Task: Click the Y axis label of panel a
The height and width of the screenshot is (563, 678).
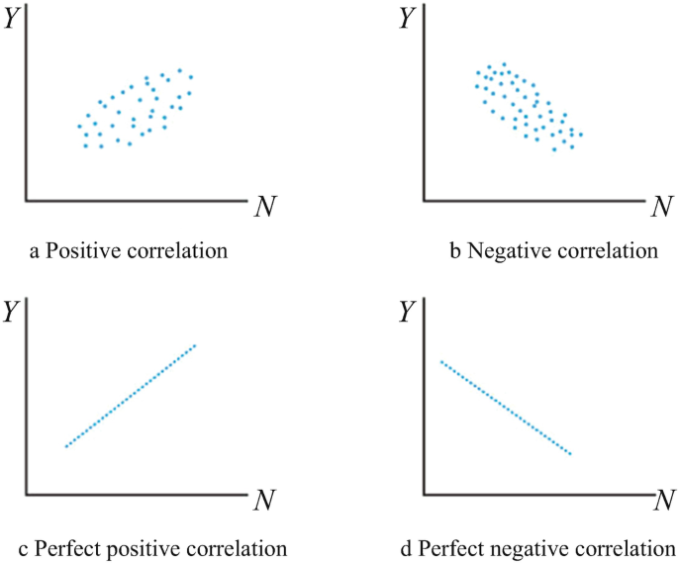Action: pos(14,19)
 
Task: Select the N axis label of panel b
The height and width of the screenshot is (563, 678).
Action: pos(662,207)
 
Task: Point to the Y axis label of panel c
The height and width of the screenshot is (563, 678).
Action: pos(14,312)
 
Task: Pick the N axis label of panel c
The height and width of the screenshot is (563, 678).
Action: pos(265,500)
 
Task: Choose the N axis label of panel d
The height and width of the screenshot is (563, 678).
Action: pos(662,500)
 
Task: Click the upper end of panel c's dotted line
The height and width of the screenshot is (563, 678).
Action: pos(195,345)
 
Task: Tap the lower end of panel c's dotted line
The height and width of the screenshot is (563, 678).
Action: pos(66,446)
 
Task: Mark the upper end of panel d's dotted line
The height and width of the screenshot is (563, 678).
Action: pos(441,362)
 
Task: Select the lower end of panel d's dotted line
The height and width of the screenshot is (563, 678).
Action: pos(570,454)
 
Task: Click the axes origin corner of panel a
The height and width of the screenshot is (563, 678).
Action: pos(26,201)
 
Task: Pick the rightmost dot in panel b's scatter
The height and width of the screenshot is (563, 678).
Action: pos(580,135)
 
